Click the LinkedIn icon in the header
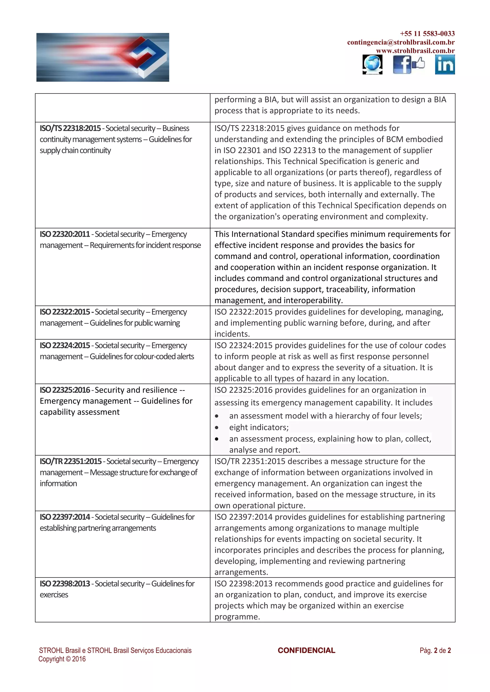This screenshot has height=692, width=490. pyautogui.click(x=445, y=65)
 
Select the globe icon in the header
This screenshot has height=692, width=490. pyautogui.click(x=372, y=65)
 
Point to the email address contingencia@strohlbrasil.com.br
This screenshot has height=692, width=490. pyautogui.click(x=401, y=42)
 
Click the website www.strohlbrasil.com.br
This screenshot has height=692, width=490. pyautogui.click(x=415, y=51)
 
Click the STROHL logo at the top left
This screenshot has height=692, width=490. pyautogui.click(x=103, y=57)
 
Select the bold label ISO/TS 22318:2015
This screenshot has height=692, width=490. pyautogui.click(x=70, y=128)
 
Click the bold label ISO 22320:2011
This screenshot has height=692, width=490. pyautogui.click(x=65, y=234)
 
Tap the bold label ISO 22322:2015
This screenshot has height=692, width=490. pyautogui.click(x=65, y=312)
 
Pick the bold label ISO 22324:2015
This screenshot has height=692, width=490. pyautogui.click(x=65, y=345)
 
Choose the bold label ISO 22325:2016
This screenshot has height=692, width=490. pyautogui.click(x=65, y=390)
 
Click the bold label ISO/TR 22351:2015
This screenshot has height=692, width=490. pyautogui.click(x=71, y=461)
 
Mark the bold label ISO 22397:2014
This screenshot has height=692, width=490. pyautogui.click(x=65, y=517)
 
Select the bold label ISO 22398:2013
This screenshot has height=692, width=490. pyautogui.click(x=65, y=584)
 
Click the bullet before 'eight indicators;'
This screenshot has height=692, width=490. pyautogui.click(x=217, y=427)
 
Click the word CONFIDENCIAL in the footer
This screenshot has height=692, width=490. pyautogui.click(x=306, y=650)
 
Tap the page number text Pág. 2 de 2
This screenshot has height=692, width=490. pyautogui.click(x=435, y=650)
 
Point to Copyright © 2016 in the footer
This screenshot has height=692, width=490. pyautogui.click(x=62, y=659)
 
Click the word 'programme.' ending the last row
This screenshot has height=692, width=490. pyautogui.click(x=237, y=617)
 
